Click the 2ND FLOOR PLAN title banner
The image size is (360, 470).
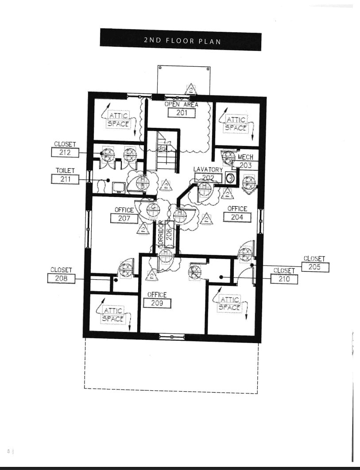pyautogui.click(x=180, y=40)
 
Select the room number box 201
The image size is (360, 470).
pyautogui.click(x=182, y=112)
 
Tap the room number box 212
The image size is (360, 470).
pyautogui.click(x=65, y=153)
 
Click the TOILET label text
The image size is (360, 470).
pyautogui.click(x=65, y=170)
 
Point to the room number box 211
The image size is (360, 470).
pyautogui.click(x=65, y=179)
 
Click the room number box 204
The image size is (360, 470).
pyautogui.click(x=237, y=217)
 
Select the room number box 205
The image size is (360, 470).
pyautogui.click(x=314, y=267)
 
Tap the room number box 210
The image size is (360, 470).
pyautogui.click(x=284, y=279)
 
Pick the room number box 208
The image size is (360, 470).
pyautogui.click(x=61, y=278)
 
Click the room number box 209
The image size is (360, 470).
pyautogui.click(x=157, y=303)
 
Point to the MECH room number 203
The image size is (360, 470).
pyautogui.click(x=245, y=165)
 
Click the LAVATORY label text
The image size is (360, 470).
pyautogui.click(x=208, y=170)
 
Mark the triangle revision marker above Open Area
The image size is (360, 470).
pyautogui.click(x=191, y=89)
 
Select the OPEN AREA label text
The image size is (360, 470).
pyautogui.click(x=181, y=104)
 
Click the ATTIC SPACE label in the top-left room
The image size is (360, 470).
pyautogui.click(x=118, y=119)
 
